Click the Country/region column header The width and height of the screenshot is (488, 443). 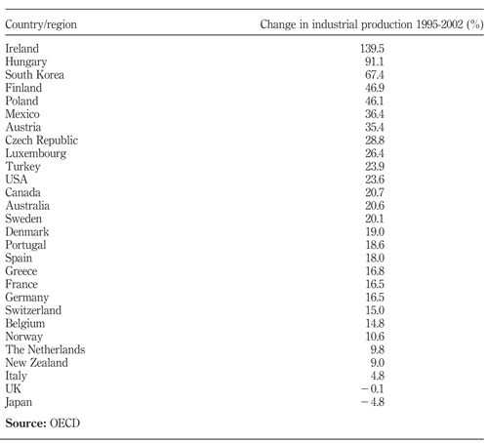(x=41, y=25)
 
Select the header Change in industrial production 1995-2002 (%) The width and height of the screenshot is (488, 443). (x=372, y=24)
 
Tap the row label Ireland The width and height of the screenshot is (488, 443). (x=22, y=49)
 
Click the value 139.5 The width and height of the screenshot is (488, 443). (x=372, y=49)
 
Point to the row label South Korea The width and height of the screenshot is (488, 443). (x=34, y=75)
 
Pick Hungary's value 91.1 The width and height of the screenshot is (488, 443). (x=375, y=61)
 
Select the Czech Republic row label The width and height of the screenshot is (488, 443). (x=42, y=141)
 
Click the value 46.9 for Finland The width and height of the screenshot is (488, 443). (x=375, y=88)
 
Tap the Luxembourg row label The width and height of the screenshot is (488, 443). (x=36, y=153)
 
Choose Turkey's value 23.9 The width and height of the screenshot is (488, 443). (x=375, y=166)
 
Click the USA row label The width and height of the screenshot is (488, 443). (x=17, y=180)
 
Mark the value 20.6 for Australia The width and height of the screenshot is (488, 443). (x=375, y=206)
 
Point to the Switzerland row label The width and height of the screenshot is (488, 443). (x=33, y=310)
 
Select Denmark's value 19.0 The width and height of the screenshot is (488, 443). (x=375, y=231)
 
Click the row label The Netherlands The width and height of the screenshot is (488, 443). (x=45, y=349)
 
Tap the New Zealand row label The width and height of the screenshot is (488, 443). (x=37, y=363)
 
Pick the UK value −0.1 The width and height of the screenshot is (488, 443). (x=373, y=388)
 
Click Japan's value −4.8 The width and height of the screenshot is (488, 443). (x=373, y=402)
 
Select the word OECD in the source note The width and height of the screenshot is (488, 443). (x=64, y=423)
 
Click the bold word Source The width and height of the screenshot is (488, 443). (x=26, y=423)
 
